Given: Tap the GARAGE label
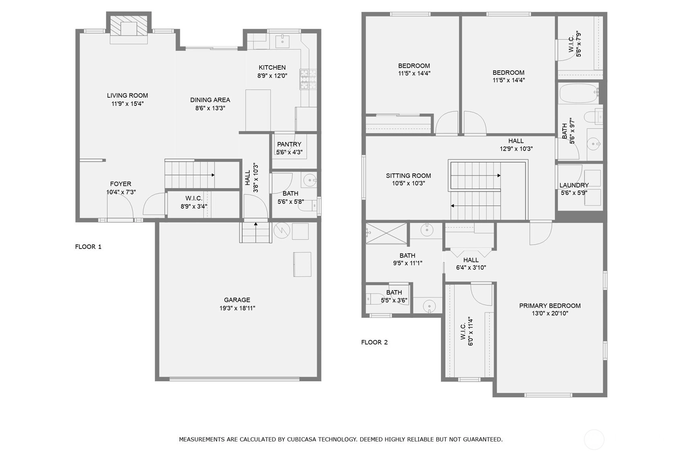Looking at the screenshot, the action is click(x=237, y=300).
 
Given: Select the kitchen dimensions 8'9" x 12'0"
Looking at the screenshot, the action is click(x=272, y=76).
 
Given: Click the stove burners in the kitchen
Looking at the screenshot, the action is click(x=308, y=79).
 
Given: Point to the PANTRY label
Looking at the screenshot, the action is click(x=289, y=144).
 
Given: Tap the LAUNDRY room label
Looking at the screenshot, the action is click(x=574, y=185).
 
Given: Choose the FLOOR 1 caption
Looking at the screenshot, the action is click(x=88, y=247).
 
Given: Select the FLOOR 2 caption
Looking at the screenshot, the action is click(x=375, y=342).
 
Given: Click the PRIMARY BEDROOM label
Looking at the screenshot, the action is click(x=550, y=306).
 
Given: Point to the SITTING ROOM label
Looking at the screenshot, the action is click(x=408, y=175).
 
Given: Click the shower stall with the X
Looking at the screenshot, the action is click(x=386, y=233).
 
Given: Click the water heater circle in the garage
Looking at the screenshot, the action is click(x=282, y=231).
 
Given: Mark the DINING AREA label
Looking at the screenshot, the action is click(x=210, y=100).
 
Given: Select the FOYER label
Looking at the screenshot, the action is click(x=121, y=184).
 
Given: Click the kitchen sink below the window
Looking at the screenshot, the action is click(x=282, y=41).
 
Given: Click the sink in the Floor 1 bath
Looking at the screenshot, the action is click(x=309, y=180).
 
